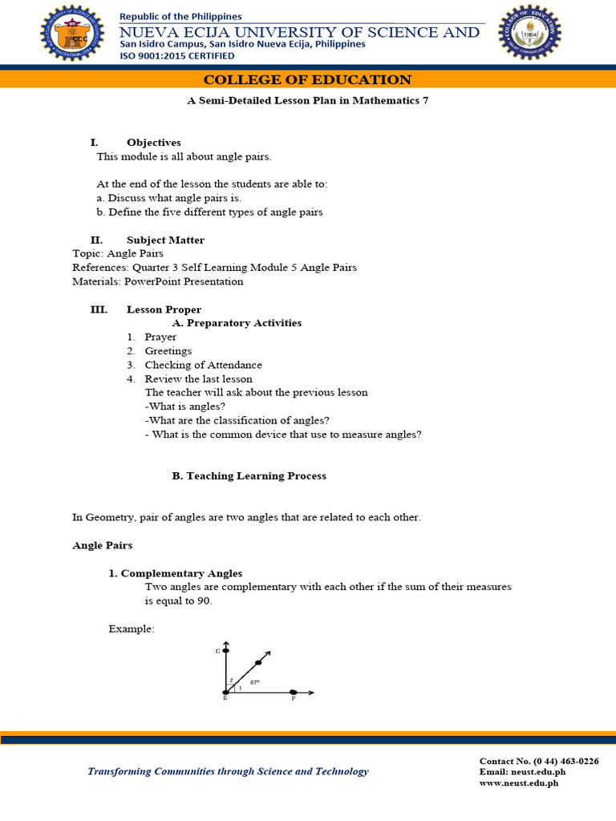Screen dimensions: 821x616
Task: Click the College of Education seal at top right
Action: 529,32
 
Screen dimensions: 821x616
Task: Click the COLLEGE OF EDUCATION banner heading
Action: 307,79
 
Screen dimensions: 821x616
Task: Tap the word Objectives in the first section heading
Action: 153,143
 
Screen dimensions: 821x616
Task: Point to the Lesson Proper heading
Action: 164,309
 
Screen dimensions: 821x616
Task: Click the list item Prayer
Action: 160,338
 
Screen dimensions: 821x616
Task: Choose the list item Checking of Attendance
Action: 203,365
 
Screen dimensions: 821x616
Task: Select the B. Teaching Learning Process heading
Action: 249,475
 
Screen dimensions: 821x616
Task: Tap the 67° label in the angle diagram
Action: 254,682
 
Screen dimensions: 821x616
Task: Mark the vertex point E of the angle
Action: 226,692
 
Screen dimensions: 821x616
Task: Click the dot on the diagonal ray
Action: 258,663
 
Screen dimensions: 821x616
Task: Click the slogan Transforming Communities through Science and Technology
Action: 228,771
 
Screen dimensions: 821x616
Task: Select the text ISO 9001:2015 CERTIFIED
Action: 176,56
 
